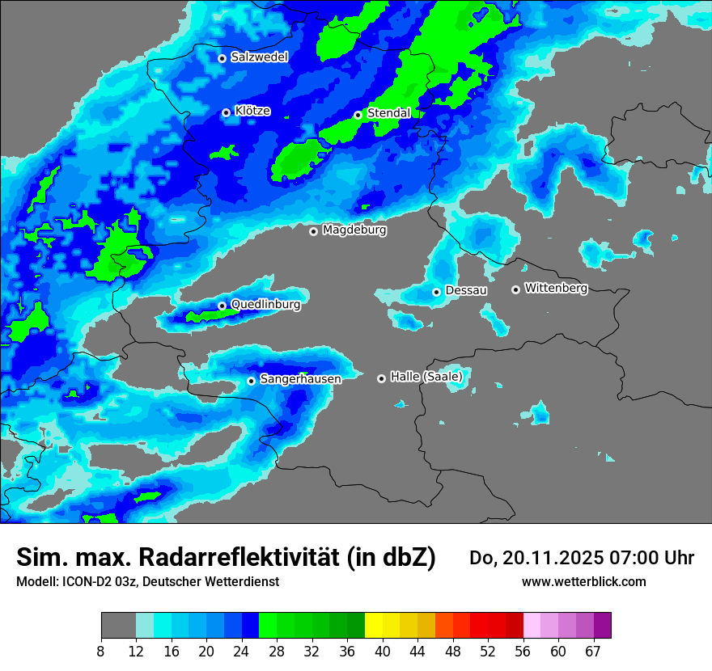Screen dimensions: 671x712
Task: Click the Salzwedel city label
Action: [259, 57]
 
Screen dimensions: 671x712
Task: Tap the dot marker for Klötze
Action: [226, 112]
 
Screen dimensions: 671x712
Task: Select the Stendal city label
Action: [388, 113]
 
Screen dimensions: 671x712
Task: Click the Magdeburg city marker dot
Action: [313, 231]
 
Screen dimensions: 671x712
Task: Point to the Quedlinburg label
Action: [265, 305]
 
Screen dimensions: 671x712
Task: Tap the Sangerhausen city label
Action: [300, 379]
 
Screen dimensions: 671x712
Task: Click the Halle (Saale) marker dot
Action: [381, 378]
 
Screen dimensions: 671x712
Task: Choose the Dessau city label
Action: [466, 290]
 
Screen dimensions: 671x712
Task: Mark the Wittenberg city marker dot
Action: [515, 289]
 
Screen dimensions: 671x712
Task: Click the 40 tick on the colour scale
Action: [383, 651]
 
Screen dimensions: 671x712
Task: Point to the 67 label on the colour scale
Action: [593, 651]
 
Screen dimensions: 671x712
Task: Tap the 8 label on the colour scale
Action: [101, 651]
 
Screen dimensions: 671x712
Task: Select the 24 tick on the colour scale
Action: [241, 651]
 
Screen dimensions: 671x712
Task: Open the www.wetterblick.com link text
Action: [583, 581]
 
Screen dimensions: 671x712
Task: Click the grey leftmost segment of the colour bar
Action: [118, 626]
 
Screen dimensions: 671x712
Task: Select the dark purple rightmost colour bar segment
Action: [602, 626]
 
